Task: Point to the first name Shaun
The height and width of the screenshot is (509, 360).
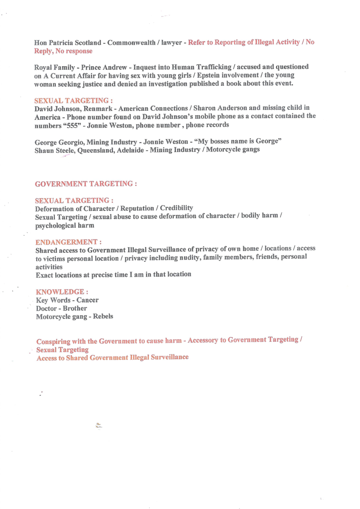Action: [44, 150]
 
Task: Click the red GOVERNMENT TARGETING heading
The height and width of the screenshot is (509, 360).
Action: [85, 184]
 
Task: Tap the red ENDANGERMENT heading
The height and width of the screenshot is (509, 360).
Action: [68, 242]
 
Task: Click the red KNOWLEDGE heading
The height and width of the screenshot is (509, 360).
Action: [62, 292]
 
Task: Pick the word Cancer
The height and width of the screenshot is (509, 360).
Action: [88, 300]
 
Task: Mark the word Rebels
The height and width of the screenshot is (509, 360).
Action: [103, 316]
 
